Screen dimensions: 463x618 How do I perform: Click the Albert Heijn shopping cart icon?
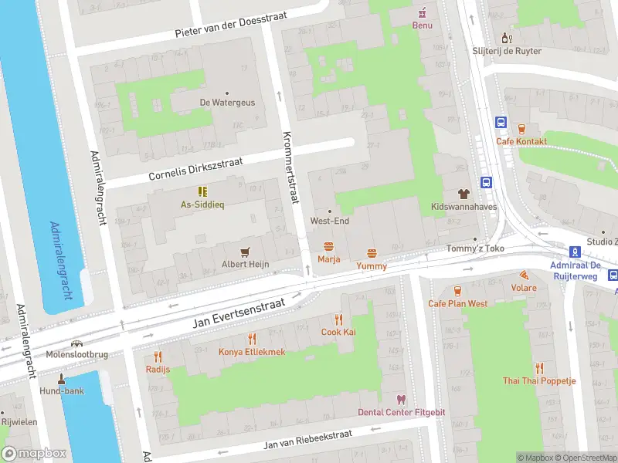(x=246, y=251)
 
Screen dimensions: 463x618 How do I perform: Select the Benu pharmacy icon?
(x=422, y=12)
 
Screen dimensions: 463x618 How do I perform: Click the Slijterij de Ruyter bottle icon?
(x=507, y=38)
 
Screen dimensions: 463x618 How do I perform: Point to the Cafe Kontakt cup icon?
(x=521, y=128)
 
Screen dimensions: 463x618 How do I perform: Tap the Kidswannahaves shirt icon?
(x=463, y=194)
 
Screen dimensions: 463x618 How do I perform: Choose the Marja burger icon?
(x=329, y=246)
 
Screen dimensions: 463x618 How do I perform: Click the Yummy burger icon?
(x=372, y=252)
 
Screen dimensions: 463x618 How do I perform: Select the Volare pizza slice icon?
(x=524, y=275)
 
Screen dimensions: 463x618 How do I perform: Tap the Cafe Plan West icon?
(x=458, y=290)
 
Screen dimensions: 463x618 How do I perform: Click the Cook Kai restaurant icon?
(x=338, y=319)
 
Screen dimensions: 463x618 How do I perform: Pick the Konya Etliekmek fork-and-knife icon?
(x=252, y=338)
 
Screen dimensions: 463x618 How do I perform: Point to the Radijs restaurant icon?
(x=158, y=356)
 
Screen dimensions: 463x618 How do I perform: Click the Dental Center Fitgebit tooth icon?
(x=400, y=399)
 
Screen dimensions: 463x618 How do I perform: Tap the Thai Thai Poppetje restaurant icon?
(x=539, y=368)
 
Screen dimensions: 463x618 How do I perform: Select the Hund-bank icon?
(x=62, y=378)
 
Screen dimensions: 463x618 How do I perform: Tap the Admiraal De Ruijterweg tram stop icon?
(x=575, y=252)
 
